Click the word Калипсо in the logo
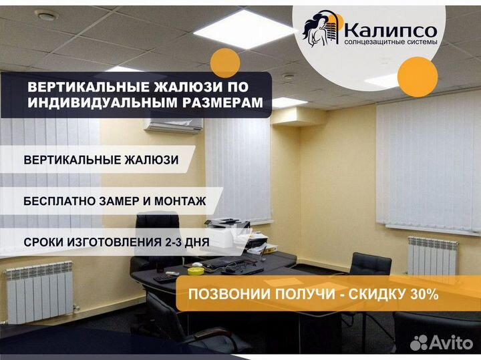coord(391,30)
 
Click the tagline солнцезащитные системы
coord(391,41)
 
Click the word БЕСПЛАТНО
coord(59,201)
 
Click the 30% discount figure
coord(424,295)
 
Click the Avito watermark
coord(442,343)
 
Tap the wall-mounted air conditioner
coord(174,126)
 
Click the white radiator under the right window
coord(432,256)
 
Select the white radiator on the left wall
coord(39,293)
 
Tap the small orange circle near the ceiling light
coord(225,63)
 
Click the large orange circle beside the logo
coord(418,77)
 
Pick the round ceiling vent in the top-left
coord(45,15)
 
